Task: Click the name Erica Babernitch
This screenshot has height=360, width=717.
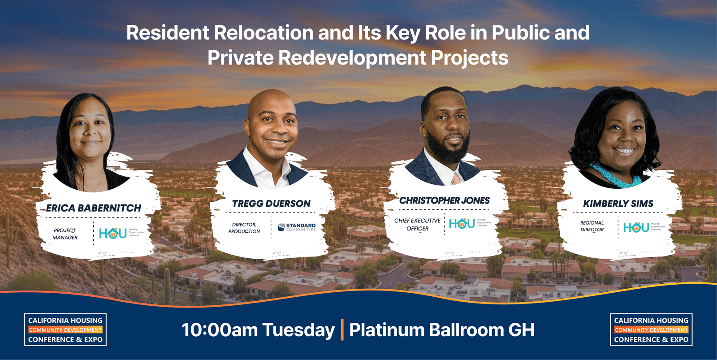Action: click(93, 208)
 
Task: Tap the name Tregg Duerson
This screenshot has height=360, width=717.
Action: click(271, 204)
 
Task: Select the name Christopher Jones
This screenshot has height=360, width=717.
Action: click(445, 200)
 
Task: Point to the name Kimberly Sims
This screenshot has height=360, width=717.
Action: click(618, 204)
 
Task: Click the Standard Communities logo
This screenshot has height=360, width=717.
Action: click(297, 227)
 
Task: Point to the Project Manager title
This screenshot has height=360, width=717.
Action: click(65, 234)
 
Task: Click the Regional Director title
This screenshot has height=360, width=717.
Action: click(592, 226)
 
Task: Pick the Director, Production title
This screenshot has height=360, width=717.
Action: click(244, 228)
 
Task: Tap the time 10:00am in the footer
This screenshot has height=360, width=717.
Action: click(219, 330)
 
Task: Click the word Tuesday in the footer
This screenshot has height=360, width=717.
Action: click(298, 330)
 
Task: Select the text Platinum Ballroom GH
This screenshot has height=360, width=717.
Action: click(442, 330)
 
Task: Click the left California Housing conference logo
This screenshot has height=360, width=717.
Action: click(65, 330)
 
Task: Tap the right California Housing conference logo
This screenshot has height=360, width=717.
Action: click(651, 330)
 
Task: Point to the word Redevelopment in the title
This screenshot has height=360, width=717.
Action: click(352, 58)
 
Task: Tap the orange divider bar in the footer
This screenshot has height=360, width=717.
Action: click(342, 330)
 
